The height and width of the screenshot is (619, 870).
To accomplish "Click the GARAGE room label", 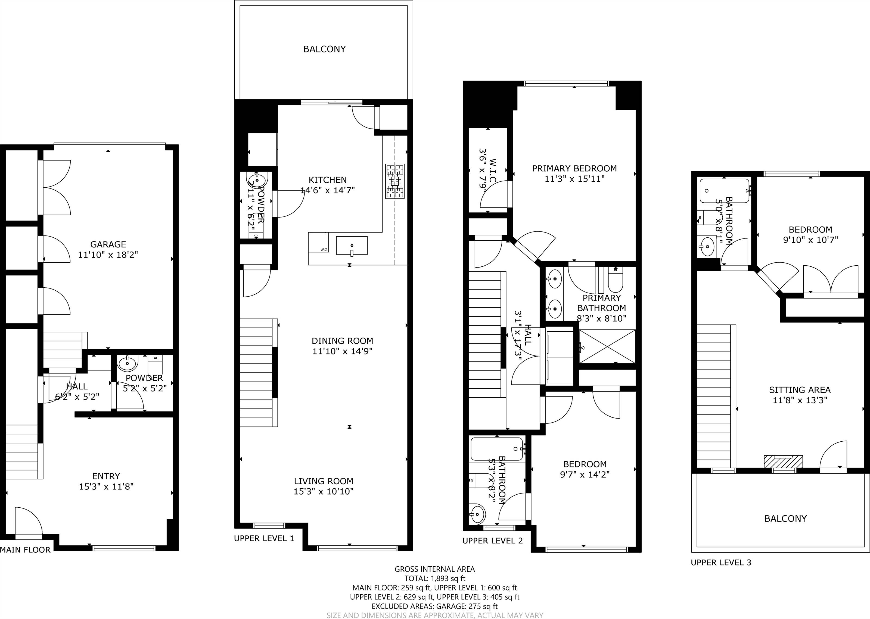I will tap(108, 244).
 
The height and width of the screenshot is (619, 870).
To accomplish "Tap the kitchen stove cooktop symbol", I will tap(394, 181).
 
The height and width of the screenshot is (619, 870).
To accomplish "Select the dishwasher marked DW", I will tap(318, 243).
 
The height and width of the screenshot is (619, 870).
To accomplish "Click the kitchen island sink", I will tap(352, 246).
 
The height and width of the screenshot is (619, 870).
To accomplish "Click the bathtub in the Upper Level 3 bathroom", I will tap(724, 191).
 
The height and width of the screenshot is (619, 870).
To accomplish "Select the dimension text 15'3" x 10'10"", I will tap(324, 491).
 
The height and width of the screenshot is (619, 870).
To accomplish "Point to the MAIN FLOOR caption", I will tap(25, 550).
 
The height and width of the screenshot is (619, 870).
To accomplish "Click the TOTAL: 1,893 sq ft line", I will tap(435, 578).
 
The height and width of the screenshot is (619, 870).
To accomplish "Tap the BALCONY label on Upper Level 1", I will tap(324, 49).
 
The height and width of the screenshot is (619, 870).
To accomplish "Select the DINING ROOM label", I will tap(342, 341).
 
